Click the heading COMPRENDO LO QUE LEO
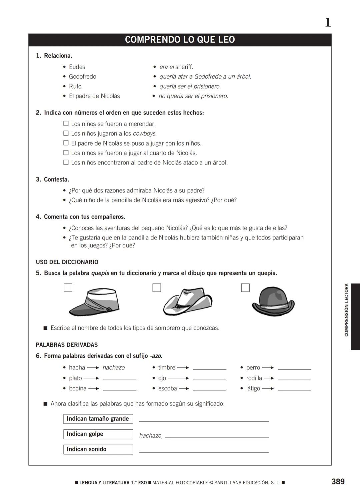(x=180, y=40)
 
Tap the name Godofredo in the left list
(x=82, y=77)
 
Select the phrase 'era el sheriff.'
(x=176, y=67)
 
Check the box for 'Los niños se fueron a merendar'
(x=66, y=124)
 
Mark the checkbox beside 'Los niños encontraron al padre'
(x=66, y=163)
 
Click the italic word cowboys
(x=145, y=134)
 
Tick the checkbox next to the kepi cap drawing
(x=68, y=288)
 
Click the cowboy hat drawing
(x=187, y=301)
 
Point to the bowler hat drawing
(x=273, y=301)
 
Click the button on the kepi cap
(x=108, y=310)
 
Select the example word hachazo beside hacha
(x=113, y=368)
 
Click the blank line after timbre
(x=209, y=368)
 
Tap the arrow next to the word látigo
(x=268, y=389)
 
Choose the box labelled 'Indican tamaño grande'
(x=98, y=419)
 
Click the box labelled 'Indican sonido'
(x=98, y=449)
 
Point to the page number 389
(x=338, y=482)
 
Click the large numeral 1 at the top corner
(x=328, y=23)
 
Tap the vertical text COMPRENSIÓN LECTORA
(x=346, y=310)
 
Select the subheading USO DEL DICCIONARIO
(x=67, y=262)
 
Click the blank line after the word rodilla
(x=294, y=379)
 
